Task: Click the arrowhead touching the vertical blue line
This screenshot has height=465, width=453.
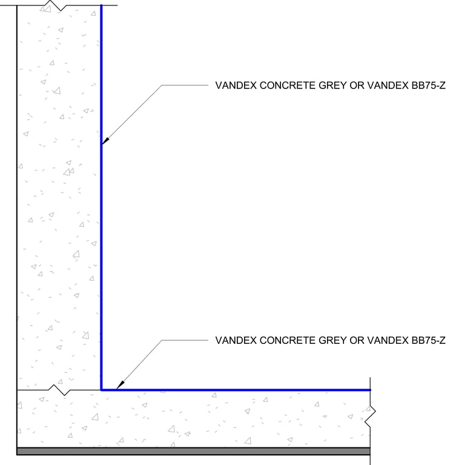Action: click(x=105, y=141)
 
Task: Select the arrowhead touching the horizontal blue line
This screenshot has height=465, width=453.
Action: click(x=120, y=384)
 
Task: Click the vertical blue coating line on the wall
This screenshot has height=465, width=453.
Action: click(x=101, y=242)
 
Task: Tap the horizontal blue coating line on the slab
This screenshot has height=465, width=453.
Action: click(x=242, y=390)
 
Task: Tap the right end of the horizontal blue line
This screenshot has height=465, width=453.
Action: click(x=369, y=390)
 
